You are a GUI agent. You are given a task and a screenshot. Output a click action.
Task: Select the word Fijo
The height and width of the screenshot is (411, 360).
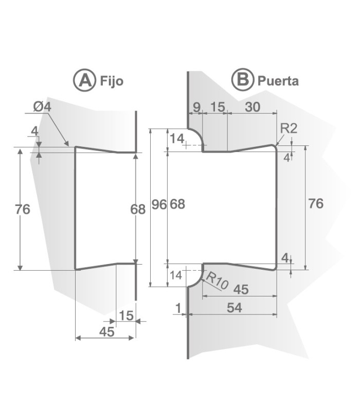112,81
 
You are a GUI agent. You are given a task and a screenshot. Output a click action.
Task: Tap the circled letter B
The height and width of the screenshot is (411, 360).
242,80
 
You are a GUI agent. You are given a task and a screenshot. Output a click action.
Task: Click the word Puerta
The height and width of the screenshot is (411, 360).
278,81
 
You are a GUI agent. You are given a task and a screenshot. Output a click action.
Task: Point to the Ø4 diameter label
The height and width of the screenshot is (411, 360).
42,107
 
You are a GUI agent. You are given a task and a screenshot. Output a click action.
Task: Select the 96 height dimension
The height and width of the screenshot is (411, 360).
159,204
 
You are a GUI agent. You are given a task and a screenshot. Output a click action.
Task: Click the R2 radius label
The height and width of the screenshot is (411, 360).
288,128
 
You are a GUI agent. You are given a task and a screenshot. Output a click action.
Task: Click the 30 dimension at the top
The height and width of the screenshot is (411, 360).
252,107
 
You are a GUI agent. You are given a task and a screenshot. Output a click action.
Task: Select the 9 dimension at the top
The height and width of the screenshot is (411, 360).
195,107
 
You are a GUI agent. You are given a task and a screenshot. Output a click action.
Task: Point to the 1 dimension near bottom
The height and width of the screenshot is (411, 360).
178,308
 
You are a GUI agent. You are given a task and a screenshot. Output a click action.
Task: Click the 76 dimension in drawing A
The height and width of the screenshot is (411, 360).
23,209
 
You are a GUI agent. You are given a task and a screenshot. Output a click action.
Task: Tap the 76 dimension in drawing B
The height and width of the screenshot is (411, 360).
315,203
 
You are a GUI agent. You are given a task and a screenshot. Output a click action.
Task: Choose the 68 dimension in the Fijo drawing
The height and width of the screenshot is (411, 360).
137,209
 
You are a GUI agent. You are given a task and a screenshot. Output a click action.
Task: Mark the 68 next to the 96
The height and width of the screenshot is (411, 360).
177,204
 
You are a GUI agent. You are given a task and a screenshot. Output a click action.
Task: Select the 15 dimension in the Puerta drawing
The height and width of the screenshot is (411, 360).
218,107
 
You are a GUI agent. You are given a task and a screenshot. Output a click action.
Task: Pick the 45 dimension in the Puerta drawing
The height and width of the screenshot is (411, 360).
240,289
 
